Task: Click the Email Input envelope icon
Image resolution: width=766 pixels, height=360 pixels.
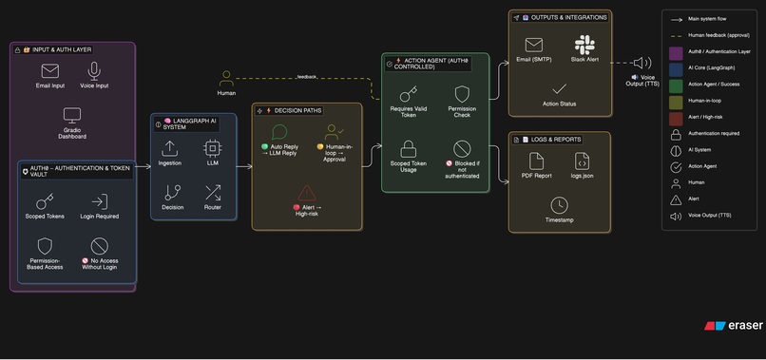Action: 49,70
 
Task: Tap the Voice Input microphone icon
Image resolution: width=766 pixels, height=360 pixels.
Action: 94,70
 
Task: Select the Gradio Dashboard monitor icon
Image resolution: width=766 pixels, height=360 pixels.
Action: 71,114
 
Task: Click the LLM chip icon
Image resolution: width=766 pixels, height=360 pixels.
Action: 212,148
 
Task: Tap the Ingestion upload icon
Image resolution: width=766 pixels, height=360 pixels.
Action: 171,148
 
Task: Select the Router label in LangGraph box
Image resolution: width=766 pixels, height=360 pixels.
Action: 212,206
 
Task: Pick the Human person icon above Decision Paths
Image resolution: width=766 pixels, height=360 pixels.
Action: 226,78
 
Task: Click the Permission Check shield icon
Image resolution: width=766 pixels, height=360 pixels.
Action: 462,94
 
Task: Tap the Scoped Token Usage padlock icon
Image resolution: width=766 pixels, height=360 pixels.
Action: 408,148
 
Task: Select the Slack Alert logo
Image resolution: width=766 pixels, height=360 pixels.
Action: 584,45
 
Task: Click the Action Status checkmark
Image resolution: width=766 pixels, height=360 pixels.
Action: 559,88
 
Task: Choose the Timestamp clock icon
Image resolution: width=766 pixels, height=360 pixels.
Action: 559,205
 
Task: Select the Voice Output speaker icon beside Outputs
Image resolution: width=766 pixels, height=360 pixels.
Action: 642,64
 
